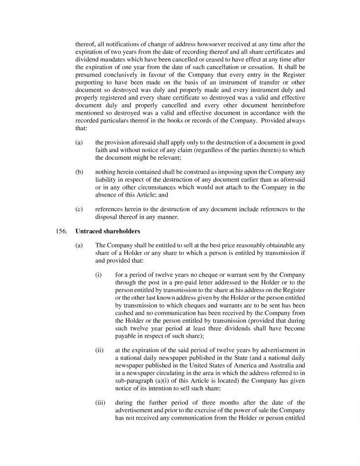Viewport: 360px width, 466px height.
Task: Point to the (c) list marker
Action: pos(79,209)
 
